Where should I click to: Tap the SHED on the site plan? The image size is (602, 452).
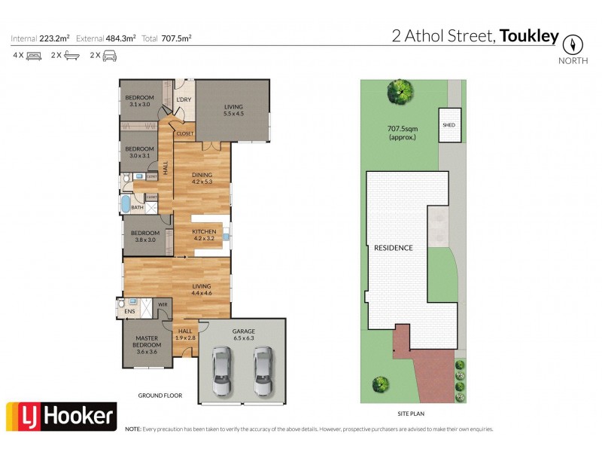pyautogui.click(x=448, y=125)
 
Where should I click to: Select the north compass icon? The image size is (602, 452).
pyautogui.click(x=573, y=43)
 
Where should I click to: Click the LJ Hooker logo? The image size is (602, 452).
pyautogui.click(x=62, y=417)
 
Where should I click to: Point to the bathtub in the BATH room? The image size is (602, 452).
pyautogui.click(x=126, y=205)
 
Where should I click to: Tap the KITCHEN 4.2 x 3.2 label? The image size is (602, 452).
pyautogui.click(x=204, y=234)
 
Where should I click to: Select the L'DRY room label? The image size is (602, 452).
pyautogui.click(x=183, y=100)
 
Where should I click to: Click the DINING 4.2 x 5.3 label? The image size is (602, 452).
pyautogui.click(x=202, y=178)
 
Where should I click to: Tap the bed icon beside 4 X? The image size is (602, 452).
pyautogui.click(x=34, y=55)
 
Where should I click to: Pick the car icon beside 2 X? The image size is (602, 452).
pyautogui.click(x=110, y=55)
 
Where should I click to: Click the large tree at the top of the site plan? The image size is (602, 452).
pyautogui.click(x=400, y=92)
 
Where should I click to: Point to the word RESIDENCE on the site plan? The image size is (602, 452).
pyautogui.click(x=393, y=248)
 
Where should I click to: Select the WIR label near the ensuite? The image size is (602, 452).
pyautogui.click(x=162, y=304)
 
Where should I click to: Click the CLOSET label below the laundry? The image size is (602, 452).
pyautogui.click(x=185, y=133)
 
